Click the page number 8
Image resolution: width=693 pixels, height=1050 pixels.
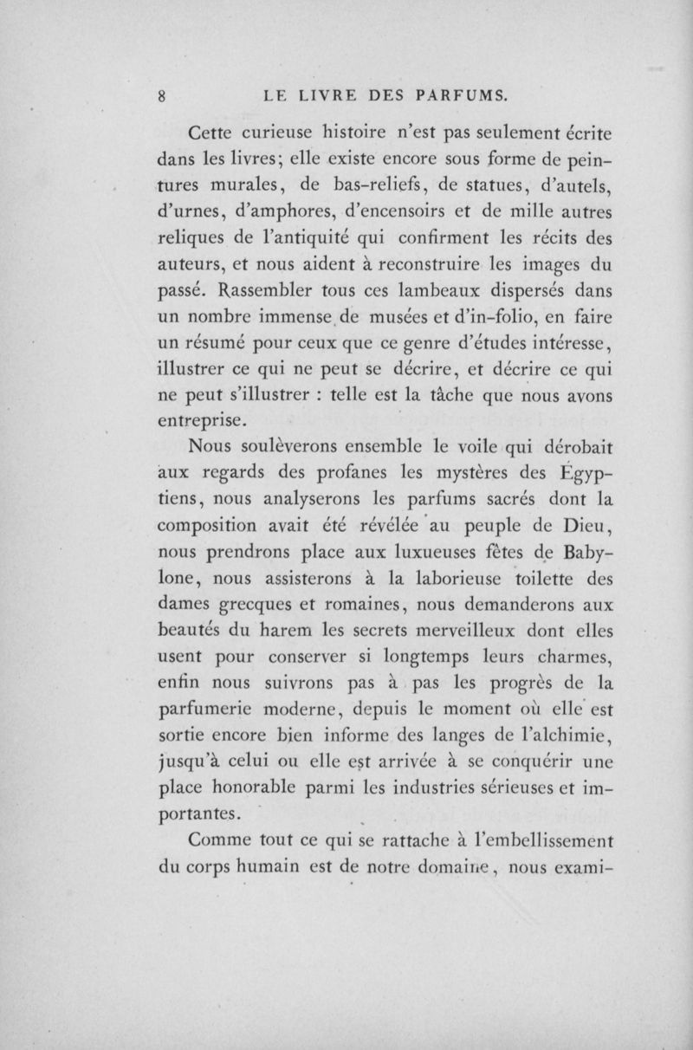pyautogui.click(x=161, y=96)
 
